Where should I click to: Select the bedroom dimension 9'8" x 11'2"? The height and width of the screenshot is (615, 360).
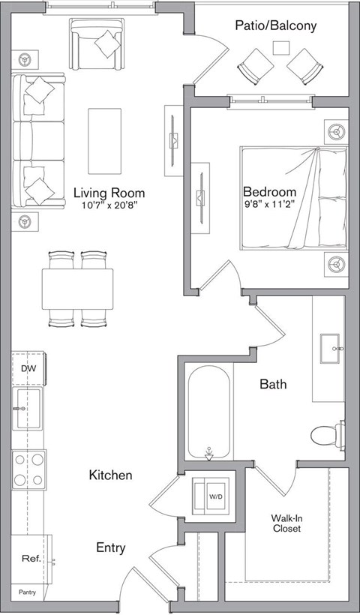(x=269, y=203)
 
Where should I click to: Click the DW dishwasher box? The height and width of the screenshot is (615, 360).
(x=28, y=369)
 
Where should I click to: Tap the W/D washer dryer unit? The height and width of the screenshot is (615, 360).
(x=214, y=496)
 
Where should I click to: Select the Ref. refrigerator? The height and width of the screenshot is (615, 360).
(x=30, y=558)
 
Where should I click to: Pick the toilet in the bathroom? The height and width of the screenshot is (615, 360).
(x=328, y=434)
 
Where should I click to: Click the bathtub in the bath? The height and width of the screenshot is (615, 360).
(x=209, y=413)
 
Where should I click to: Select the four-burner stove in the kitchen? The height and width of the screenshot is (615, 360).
(x=28, y=469)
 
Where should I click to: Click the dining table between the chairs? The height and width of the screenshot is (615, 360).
(x=77, y=289)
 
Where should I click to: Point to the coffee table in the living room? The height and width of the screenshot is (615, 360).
(x=104, y=131)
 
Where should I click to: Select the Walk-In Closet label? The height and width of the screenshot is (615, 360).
(x=286, y=523)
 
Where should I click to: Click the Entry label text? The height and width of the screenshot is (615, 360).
(x=110, y=547)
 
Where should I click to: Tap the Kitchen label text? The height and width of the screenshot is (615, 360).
(x=110, y=475)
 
